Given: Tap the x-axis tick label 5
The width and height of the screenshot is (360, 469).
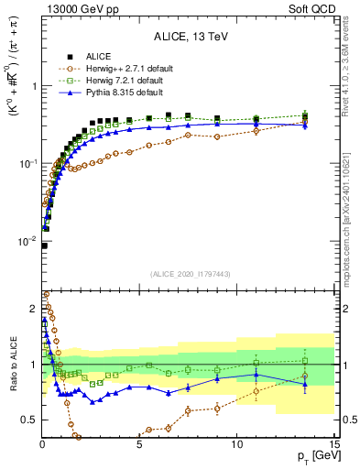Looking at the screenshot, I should [139, 442].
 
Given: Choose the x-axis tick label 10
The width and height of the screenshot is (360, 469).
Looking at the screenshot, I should [236, 442].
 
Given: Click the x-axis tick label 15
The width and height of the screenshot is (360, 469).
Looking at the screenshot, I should [333, 442].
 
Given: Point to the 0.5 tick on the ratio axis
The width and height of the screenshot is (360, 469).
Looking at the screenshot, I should [29, 420].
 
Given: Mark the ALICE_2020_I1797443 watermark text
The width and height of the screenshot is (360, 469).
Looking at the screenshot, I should [188, 274].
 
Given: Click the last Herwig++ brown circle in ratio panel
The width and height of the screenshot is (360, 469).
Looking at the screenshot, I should [305, 376].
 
